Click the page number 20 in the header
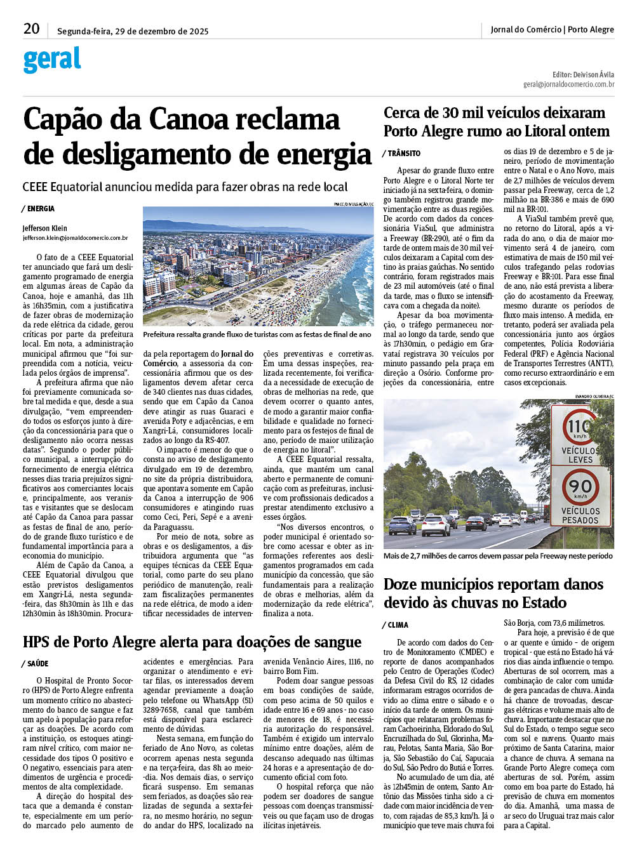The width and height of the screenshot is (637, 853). point(31,29)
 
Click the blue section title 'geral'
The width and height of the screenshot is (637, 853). point(52,60)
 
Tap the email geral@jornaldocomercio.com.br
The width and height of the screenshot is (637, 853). point(568,84)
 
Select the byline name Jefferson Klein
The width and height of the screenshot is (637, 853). point(44,228)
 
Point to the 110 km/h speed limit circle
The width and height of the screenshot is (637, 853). point(579,426)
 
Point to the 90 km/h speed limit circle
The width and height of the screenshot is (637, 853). point(580,487)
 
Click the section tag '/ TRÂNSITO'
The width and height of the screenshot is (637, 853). point(401,154)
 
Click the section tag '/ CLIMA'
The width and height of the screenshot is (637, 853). point(396,625)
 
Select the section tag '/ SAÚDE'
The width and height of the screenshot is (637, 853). point(36,664)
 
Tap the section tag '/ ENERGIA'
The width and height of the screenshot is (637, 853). point(39,209)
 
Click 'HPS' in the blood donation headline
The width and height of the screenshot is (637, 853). point(38,642)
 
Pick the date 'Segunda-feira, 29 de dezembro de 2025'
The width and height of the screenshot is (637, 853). point(133,31)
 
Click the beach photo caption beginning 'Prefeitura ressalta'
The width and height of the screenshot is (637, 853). point(257,334)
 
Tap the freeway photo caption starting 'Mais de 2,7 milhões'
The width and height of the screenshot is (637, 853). point(498,556)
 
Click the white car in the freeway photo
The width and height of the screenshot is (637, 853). point(436,526)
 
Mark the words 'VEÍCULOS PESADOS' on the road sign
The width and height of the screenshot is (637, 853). point(580,515)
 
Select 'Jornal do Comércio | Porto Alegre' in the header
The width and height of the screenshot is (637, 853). point(552,29)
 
